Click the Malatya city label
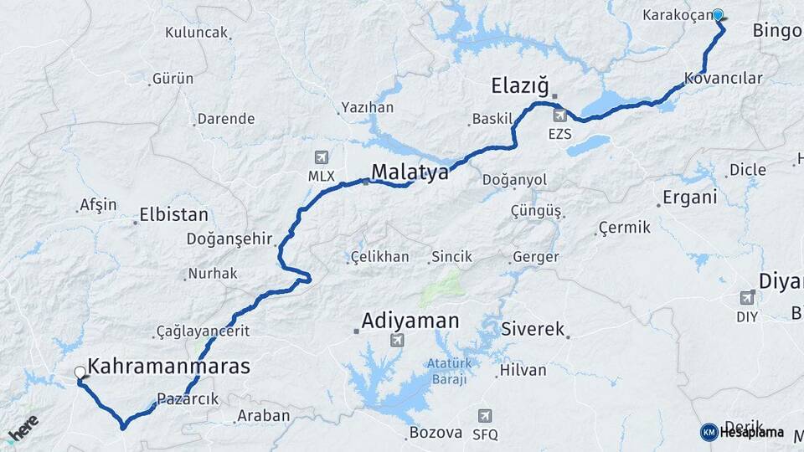[410, 172]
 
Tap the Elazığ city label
[520, 85]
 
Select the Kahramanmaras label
[169, 367]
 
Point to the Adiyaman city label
[410, 321]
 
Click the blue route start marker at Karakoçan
[718, 14]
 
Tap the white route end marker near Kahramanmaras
[80, 372]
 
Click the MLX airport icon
[321, 157]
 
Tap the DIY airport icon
[747, 297]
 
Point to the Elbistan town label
[174, 213]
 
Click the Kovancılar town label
[724, 78]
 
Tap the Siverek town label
[533, 329]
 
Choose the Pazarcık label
[188, 399]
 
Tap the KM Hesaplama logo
[743, 432]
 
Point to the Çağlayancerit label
[204, 331]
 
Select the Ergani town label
[690, 198]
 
